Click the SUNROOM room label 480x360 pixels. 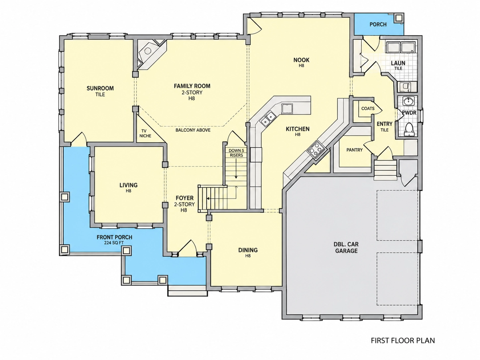pos(100,88)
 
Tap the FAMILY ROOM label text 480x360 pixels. pos(192,86)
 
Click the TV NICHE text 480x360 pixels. pos(145,133)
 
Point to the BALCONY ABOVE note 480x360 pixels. pos(193,130)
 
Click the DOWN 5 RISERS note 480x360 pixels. pos(236,153)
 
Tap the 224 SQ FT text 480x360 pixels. pos(114,243)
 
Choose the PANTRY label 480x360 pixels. pos(354,150)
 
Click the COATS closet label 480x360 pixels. pos(368,108)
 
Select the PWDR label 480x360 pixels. pos(409,113)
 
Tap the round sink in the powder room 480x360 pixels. pos(408,101)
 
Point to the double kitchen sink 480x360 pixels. pos(268,118)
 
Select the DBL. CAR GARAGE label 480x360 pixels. pos(346,247)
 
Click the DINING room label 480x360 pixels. pos(248,250)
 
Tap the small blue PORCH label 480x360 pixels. pos(378,25)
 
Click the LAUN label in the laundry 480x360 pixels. pos(398,63)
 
